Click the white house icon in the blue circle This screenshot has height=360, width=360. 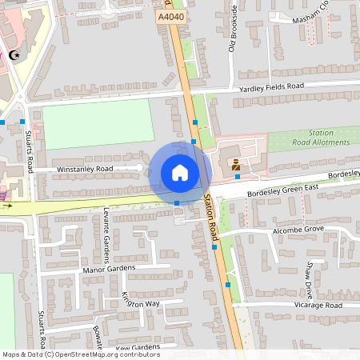[180, 172]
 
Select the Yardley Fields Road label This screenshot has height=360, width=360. [272, 86]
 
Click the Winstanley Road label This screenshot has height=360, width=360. [85, 170]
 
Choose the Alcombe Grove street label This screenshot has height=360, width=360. [297, 229]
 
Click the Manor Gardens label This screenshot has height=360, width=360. [110, 270]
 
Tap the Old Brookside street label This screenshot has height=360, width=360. [233, 28]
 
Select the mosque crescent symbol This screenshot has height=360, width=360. [14, 55]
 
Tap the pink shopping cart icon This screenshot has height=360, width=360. [4, 194]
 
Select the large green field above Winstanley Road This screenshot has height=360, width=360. [98, 123]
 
